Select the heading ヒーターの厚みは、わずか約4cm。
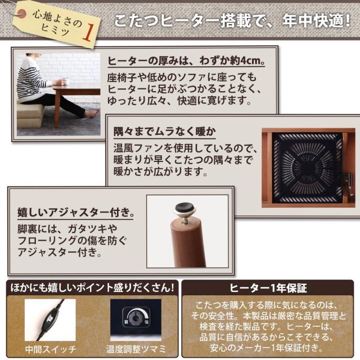point(185,61)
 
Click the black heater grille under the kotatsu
point(307,166)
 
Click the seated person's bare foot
point(91,114)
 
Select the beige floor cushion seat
point(30,115)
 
